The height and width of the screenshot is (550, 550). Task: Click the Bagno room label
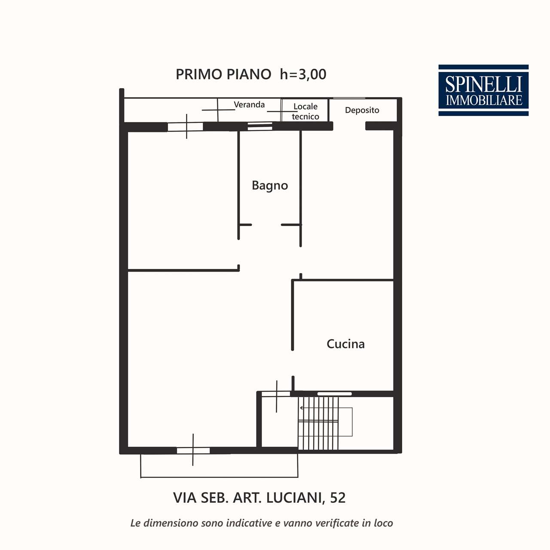(x=270, y=186)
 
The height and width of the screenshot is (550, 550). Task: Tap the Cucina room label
(x=345, y=344)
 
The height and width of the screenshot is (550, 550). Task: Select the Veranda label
(x=249, y=104)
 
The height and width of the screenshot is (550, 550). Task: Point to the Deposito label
(x=362, y=110)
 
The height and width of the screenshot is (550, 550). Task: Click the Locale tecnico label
(x=306, y=111)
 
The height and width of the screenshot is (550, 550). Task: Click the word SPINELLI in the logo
(x=483, y=85)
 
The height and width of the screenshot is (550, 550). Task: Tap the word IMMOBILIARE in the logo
(x=484, y=101)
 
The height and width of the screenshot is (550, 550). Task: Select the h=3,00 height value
(x=303, y=74)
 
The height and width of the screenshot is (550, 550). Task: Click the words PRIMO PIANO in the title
(x=223, y=74)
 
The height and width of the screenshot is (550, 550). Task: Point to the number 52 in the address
(x=338, y=498)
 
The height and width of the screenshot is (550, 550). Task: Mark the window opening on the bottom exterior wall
(x=193, y=451)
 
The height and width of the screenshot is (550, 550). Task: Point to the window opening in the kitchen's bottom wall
(x=334, y=394)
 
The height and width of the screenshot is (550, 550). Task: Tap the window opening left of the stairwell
(x=276, y=394)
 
